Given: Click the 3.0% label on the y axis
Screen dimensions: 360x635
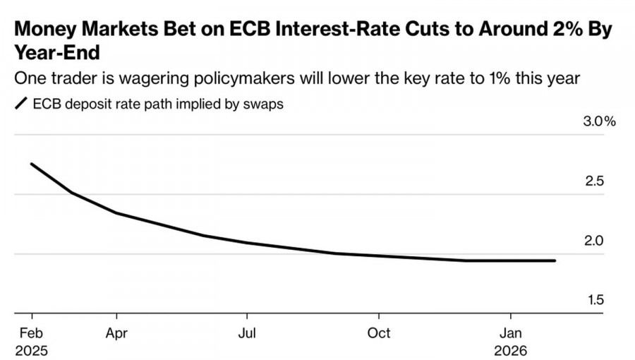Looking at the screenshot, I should point(599,121).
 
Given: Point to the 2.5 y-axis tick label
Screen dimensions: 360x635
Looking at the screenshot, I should point(595,181).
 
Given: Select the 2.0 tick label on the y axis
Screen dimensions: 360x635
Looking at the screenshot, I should point(595,241).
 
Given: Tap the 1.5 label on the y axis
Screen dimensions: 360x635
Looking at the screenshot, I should point(595,300).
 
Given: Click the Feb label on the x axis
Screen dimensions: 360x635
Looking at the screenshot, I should point(31,332).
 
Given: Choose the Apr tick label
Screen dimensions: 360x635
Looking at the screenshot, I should point(116,332).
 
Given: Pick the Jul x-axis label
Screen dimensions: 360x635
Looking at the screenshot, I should point(246,332).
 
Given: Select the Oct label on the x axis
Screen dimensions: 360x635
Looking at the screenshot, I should point(379,332).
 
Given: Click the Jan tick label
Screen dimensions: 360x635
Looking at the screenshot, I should point(511,332).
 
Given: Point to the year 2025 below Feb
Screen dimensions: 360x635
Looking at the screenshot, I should point(31,349).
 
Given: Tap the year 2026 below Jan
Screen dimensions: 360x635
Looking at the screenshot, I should point(511,349).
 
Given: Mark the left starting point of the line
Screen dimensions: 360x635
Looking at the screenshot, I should point(31,164).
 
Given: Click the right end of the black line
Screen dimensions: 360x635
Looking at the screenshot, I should point(555,260).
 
